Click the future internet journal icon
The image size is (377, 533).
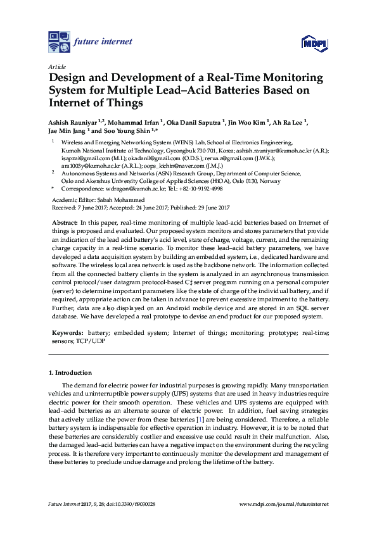[x=60, y=42]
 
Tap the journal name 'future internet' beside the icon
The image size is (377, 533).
[x=103, y=42]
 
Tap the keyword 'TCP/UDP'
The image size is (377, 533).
[x=93, y=341]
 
